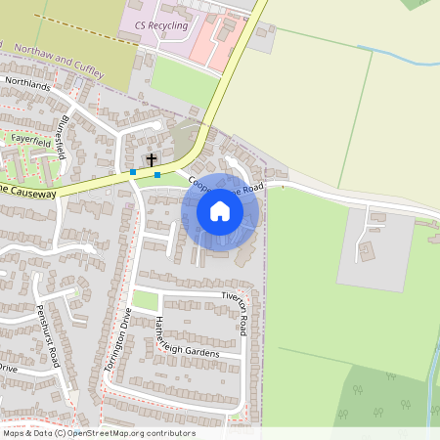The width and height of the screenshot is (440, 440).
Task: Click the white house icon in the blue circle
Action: click(220, 211)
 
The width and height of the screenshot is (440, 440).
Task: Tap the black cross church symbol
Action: click(152, 158)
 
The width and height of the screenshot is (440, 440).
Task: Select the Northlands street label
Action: click(26, 85)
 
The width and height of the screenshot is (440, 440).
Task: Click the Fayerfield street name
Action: click(29, 138)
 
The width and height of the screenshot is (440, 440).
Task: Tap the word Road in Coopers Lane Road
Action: click(251, 187)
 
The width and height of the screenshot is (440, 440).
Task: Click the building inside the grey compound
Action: click(367, 251)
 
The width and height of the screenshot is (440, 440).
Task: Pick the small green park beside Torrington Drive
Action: click(145, 300)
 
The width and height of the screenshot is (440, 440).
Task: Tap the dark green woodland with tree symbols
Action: click(381, 396)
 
